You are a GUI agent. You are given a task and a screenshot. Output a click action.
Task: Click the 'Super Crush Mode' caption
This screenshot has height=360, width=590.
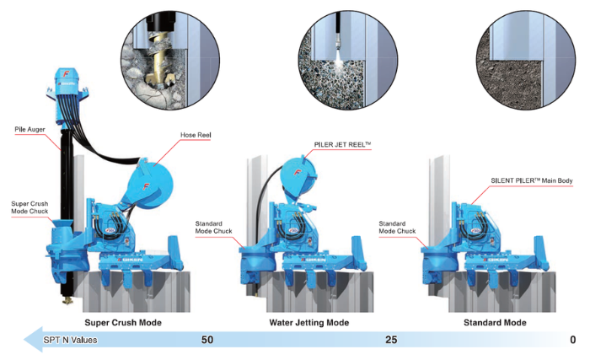123,323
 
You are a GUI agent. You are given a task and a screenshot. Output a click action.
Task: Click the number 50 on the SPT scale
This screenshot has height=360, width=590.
207,341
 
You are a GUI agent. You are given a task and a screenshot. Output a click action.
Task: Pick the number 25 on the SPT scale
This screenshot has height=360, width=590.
391,341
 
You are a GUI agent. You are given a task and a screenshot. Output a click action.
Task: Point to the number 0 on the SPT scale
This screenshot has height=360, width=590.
573,341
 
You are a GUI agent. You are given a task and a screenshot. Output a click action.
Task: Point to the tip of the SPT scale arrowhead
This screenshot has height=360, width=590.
19,341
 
